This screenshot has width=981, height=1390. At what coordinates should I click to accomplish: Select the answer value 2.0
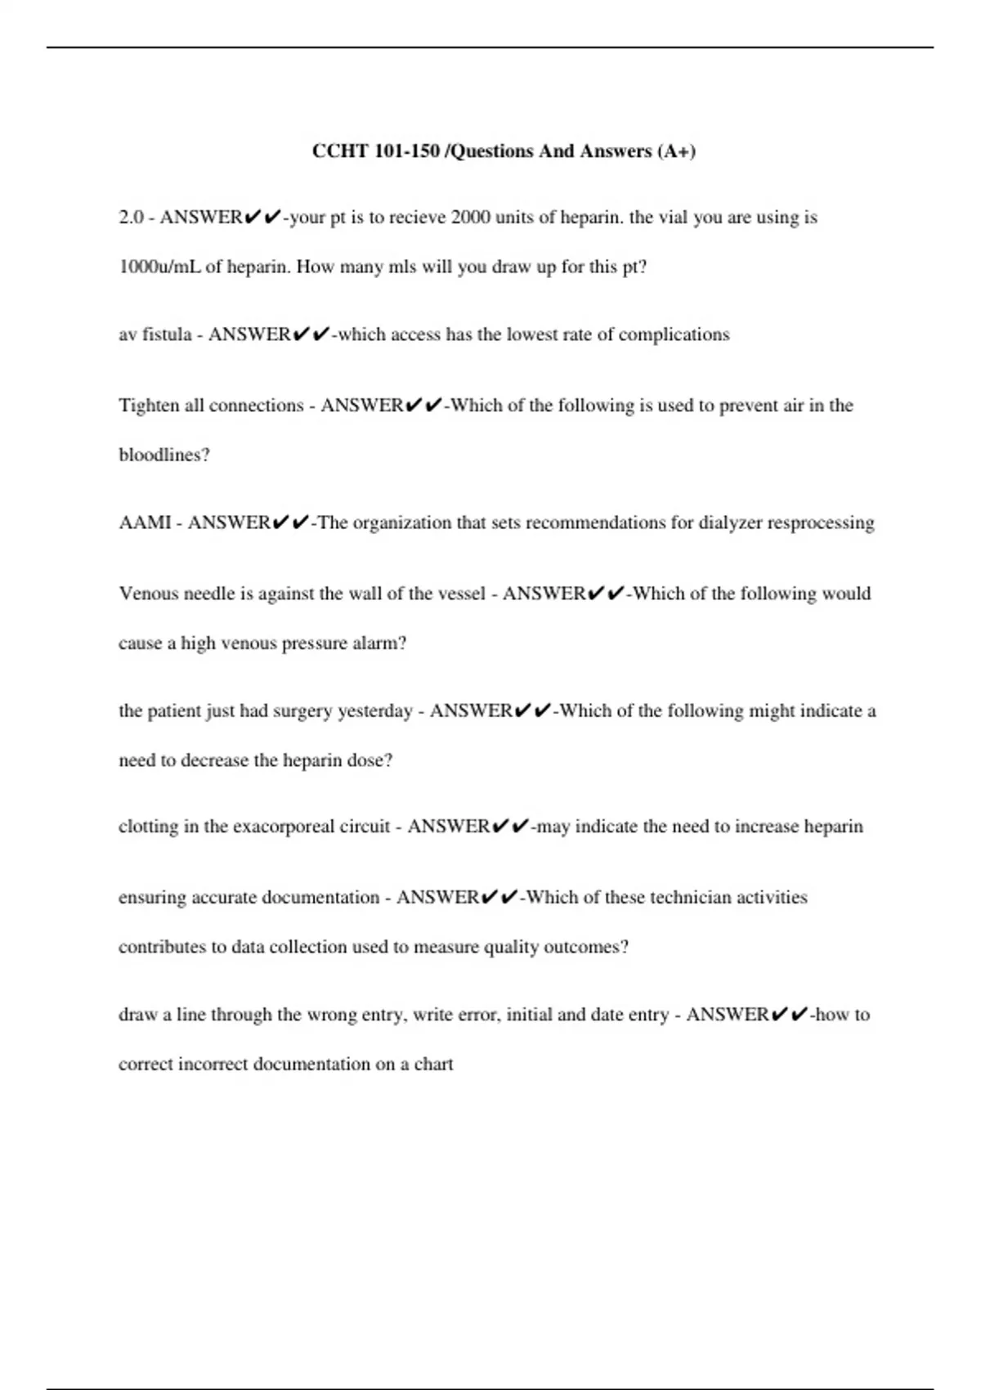[131, 217]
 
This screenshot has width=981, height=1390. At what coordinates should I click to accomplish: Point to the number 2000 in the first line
[471, 217]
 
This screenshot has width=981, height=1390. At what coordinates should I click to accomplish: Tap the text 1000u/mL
[159, 267]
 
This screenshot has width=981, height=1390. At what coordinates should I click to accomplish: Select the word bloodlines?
[164, 455]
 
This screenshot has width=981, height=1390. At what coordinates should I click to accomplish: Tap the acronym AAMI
[145, 522]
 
